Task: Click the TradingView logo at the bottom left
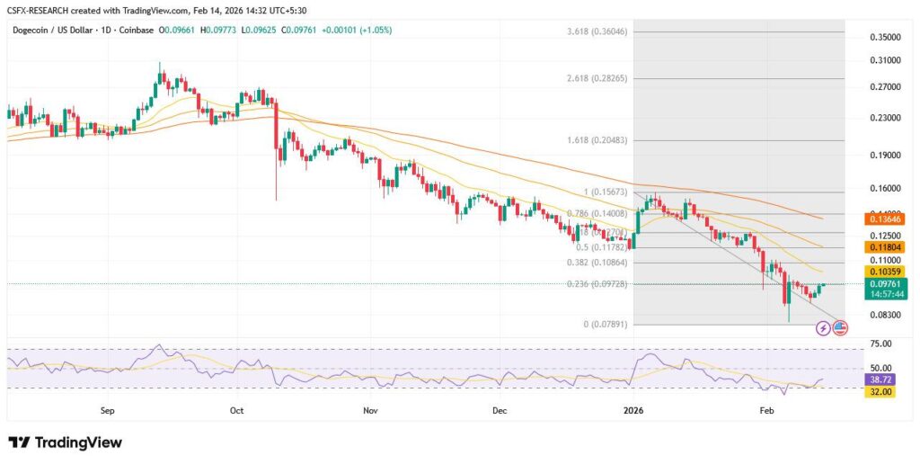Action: (65, 442)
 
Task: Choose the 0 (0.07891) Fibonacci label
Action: (605, 325)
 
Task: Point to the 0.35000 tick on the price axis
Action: (885, 38)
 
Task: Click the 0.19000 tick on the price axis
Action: (885, 155)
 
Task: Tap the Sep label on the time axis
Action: (108, 410)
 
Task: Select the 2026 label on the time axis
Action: (633, 410)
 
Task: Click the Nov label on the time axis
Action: (368, 410)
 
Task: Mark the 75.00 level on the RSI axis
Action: (881, 344)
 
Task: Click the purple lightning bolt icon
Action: (823, 328)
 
